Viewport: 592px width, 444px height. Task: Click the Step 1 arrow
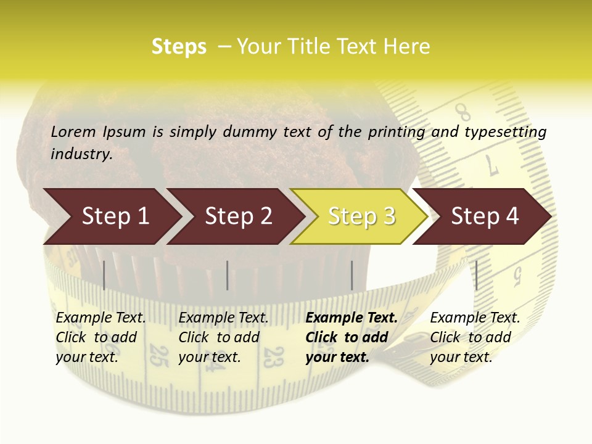tap(111, 216)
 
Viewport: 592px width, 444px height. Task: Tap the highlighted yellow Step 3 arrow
tap(361, 216)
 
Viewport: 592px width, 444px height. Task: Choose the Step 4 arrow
tap(484, 216)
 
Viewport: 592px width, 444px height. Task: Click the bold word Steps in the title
tap(179, 47)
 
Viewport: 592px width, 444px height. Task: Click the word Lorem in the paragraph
tap(73, 131)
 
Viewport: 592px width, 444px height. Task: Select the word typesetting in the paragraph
tap(505, 132)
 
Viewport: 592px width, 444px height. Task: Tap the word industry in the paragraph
tap(81, 154)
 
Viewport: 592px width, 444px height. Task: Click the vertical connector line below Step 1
tap(104, 275)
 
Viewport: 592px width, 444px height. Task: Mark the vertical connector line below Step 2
tap(228, 275)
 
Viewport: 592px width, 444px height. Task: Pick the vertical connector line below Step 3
tap(351, 275)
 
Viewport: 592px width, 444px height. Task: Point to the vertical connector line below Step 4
tap(476, 275)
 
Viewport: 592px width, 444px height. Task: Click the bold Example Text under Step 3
tap(351, 318)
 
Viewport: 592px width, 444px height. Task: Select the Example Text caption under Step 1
tap(101, 318)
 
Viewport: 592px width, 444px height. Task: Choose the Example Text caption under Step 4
tap(475, 318)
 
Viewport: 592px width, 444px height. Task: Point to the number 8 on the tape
tap(463, 113)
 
